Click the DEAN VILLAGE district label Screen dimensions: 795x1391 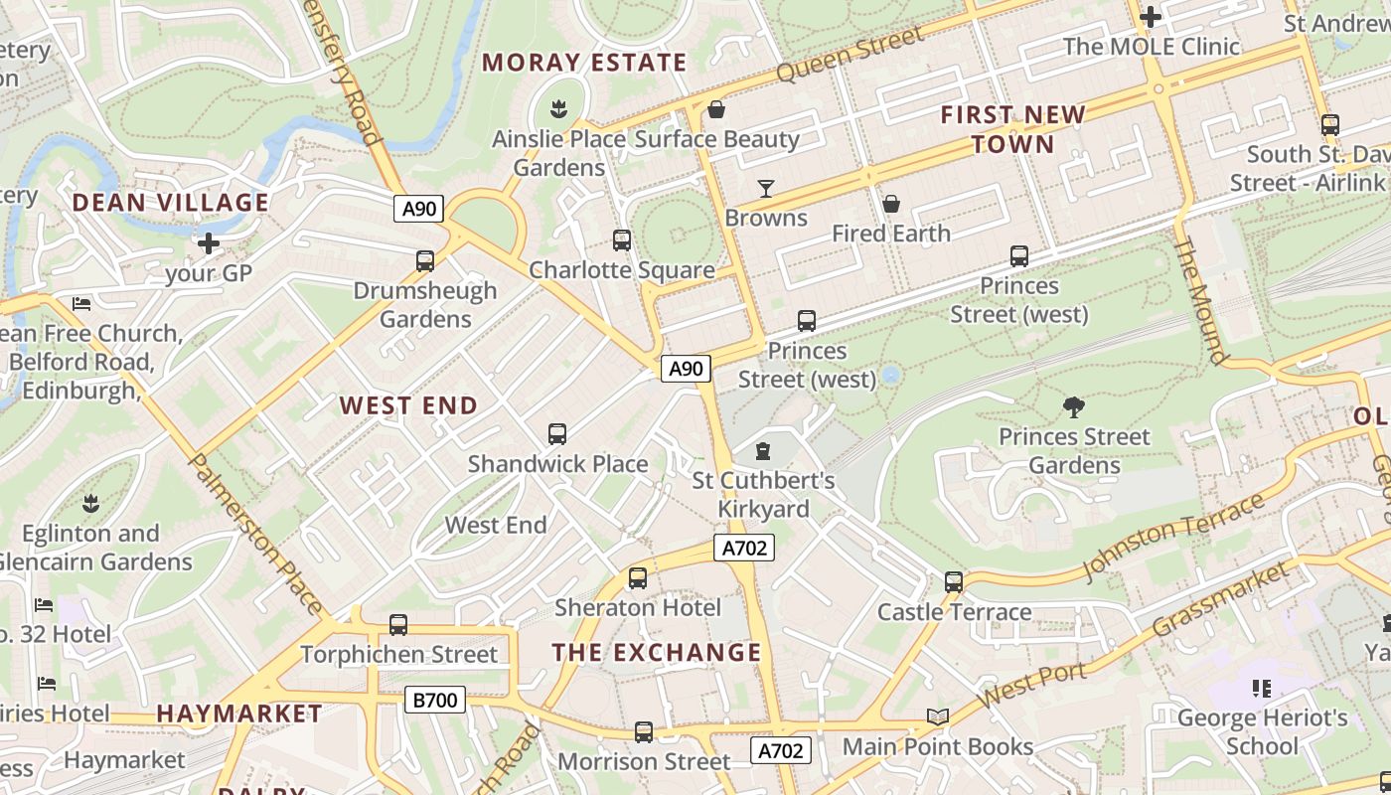click(170, 203)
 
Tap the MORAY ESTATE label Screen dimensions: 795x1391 click(584, 63)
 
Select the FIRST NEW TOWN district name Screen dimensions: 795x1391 click(1013, 129)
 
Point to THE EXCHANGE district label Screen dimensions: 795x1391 click(657, 653)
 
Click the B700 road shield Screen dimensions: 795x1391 click(435, 701)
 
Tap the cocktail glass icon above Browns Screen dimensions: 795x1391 click(765, 189)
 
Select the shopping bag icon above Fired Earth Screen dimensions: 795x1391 click(891, 205)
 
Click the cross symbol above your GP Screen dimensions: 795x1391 click(209, 243)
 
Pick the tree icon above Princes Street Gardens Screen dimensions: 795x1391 click(1073, 406)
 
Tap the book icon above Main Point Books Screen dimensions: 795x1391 click(937, 716)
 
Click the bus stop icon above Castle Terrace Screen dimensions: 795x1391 click(954, 582)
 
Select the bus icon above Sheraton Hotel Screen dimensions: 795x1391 click(638, 578)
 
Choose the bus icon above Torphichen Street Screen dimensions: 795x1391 click(398, 625)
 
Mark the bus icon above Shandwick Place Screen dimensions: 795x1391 click(557, 434)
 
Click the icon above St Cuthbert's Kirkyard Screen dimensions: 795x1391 click(763, 452)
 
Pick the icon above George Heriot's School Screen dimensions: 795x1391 click(1262, 688)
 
